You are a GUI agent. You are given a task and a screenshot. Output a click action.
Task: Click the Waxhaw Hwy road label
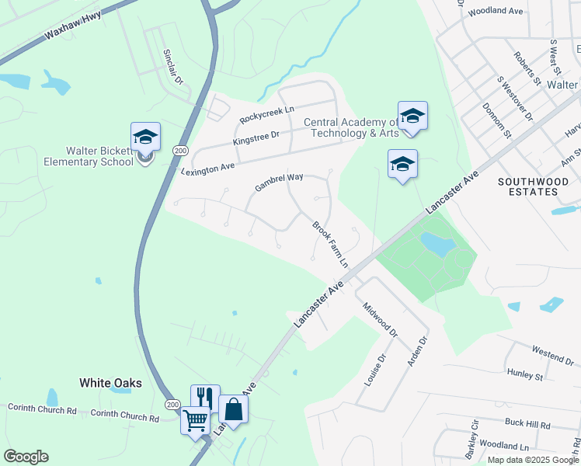coord(73,32)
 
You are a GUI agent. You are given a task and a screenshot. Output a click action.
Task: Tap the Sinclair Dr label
coord(172,67)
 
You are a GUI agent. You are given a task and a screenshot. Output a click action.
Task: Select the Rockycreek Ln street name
coord(267,115)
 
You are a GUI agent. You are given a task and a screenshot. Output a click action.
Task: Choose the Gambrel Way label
coord(279,183)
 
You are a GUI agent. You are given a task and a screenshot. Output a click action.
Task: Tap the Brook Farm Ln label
coord(329,244)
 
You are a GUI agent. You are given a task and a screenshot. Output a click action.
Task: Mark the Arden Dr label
coord(417,352)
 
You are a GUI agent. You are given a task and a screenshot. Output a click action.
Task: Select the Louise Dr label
coord(375,371)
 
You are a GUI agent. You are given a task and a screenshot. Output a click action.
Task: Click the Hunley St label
coord(524,376)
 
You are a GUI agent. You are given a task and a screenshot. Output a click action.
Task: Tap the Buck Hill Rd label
coord(527,426)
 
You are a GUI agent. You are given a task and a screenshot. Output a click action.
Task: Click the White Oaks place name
coord(110,383)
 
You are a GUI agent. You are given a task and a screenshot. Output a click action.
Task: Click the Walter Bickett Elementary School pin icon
coord(145,138)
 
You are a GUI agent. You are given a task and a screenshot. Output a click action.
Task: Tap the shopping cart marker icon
coord(195,419)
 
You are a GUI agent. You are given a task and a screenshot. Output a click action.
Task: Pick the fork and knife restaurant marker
coord(205,398)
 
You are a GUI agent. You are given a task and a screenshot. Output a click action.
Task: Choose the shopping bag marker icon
coord(232,409)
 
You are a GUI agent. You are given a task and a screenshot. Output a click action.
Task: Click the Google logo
coord(26,457)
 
